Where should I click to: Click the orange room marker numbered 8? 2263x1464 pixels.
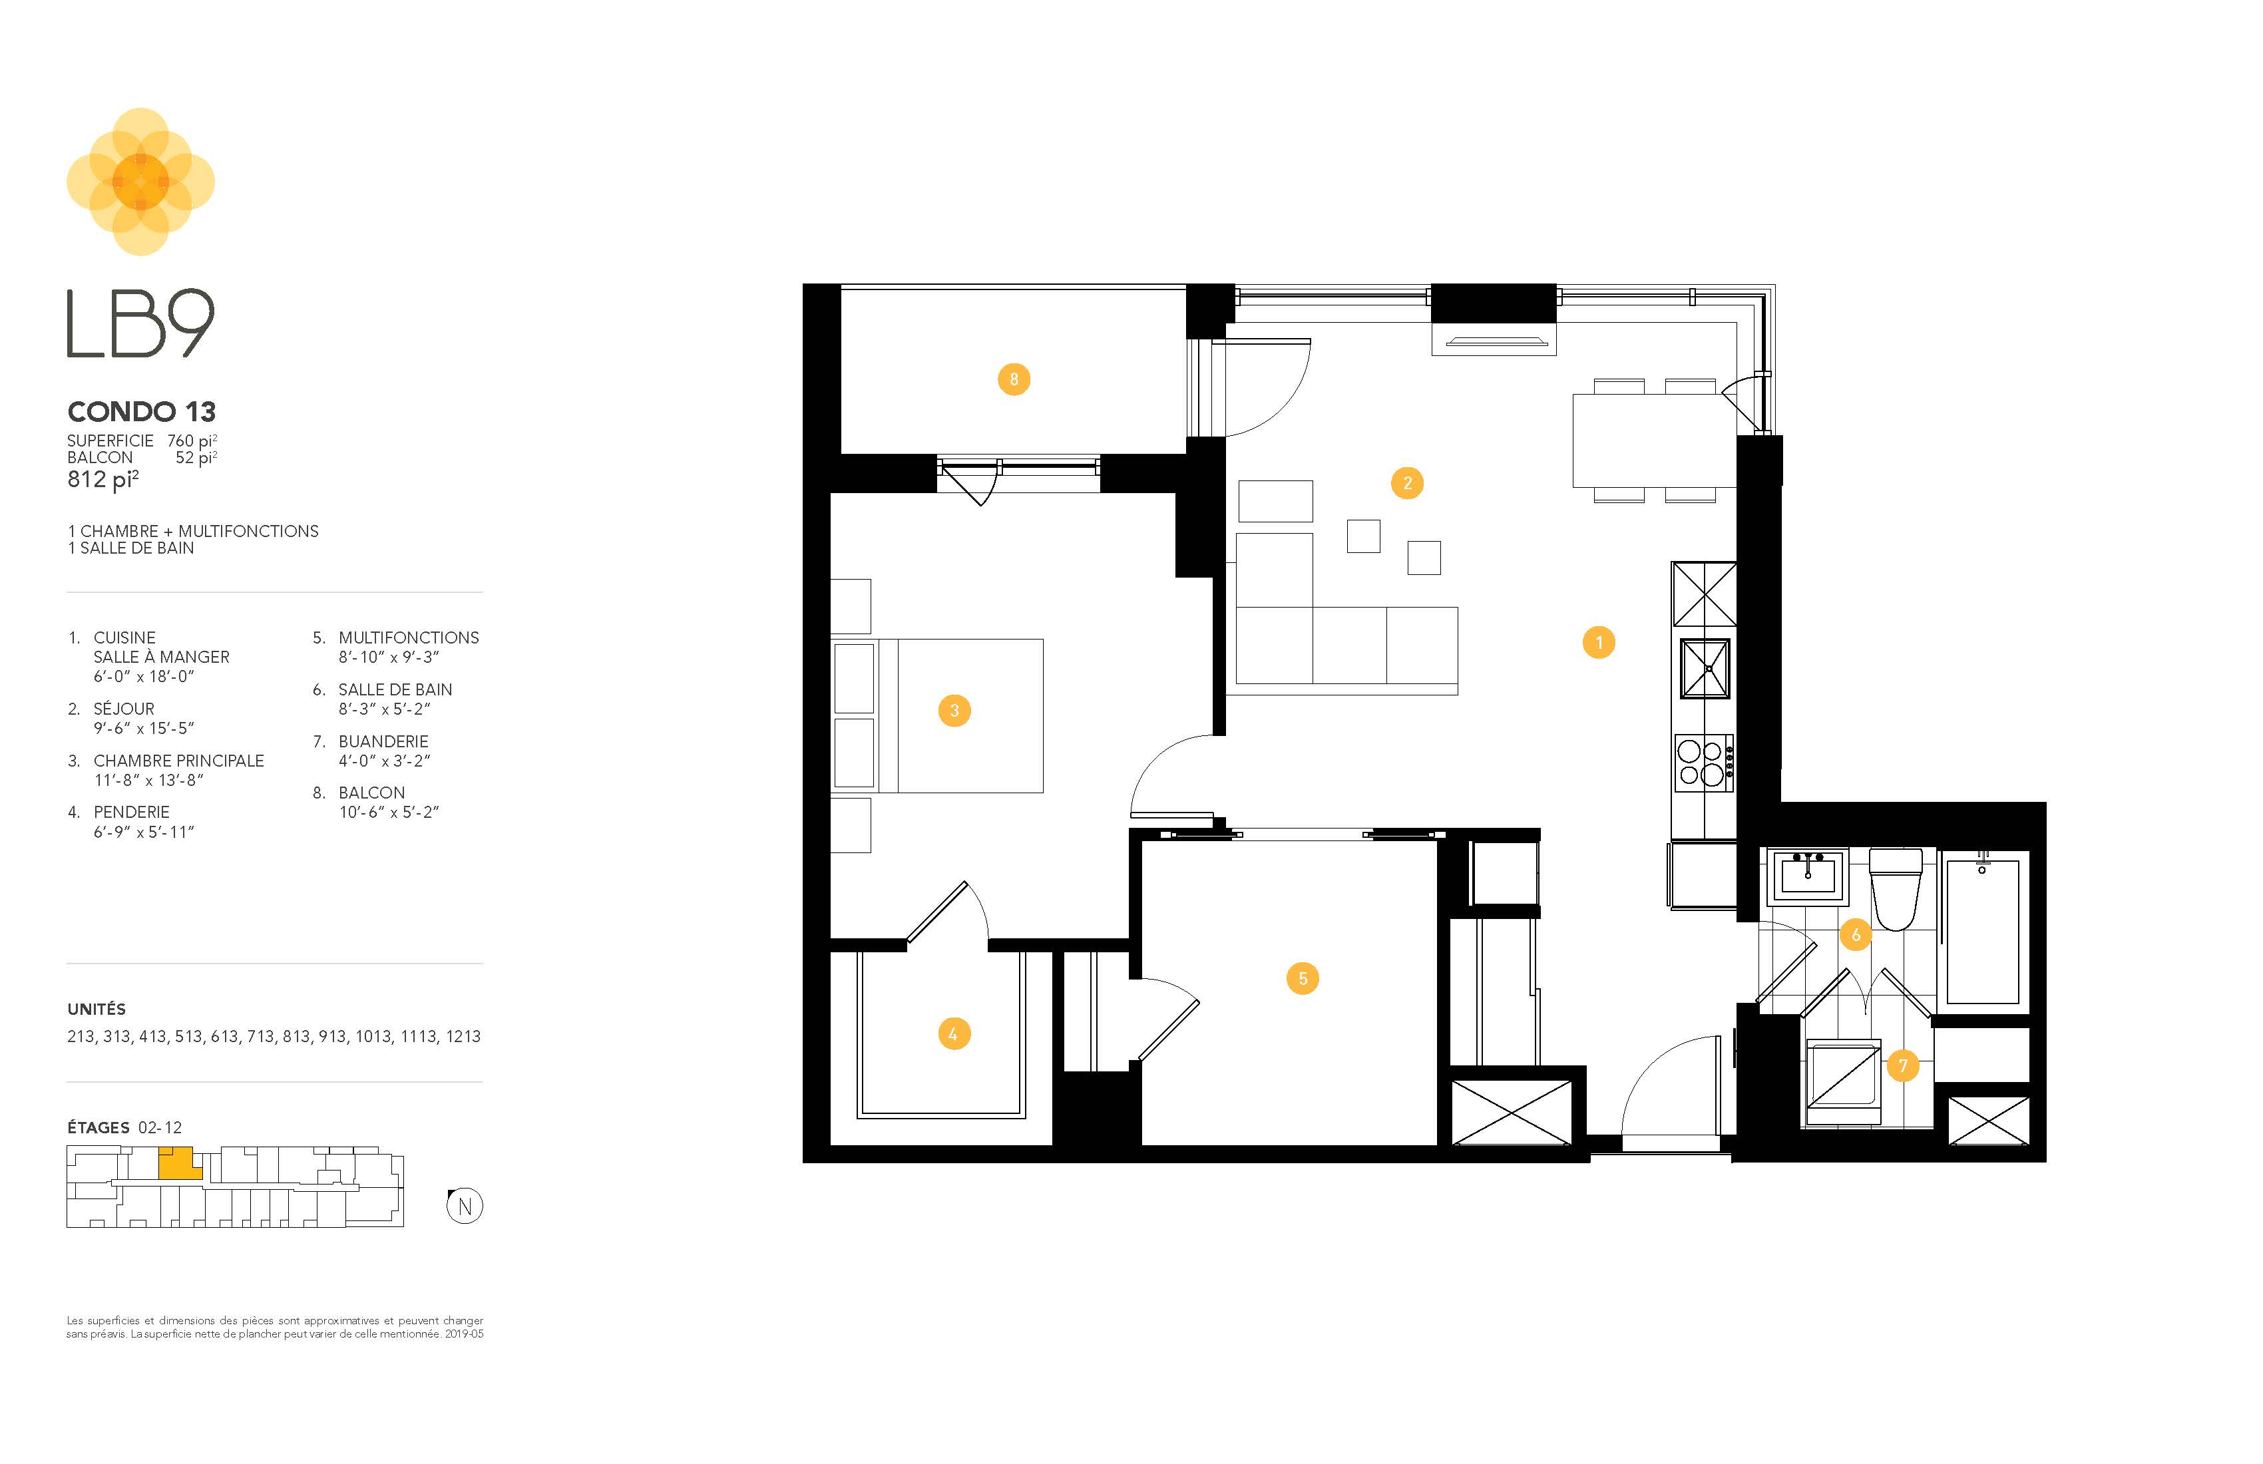1014,379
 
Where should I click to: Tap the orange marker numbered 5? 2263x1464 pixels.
1303,978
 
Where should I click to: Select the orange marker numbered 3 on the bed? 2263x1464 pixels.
954,710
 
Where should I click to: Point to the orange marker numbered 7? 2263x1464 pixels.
1903,1065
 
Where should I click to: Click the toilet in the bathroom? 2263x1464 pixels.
1895,889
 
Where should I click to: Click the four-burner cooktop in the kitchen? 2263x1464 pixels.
1703,763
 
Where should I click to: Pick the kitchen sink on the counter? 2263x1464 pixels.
1704,668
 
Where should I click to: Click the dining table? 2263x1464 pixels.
1655,440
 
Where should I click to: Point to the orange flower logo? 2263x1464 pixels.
140,182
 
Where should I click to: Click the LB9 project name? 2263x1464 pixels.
140,323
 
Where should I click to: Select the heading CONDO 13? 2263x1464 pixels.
142,412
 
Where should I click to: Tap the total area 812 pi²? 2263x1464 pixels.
103,479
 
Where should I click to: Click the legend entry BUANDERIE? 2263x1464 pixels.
383,741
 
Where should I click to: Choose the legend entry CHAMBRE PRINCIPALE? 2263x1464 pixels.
179,761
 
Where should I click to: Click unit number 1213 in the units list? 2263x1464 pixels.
463,1036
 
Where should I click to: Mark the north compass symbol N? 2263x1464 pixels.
465,1206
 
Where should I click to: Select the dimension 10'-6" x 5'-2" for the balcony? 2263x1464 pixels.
389,812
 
